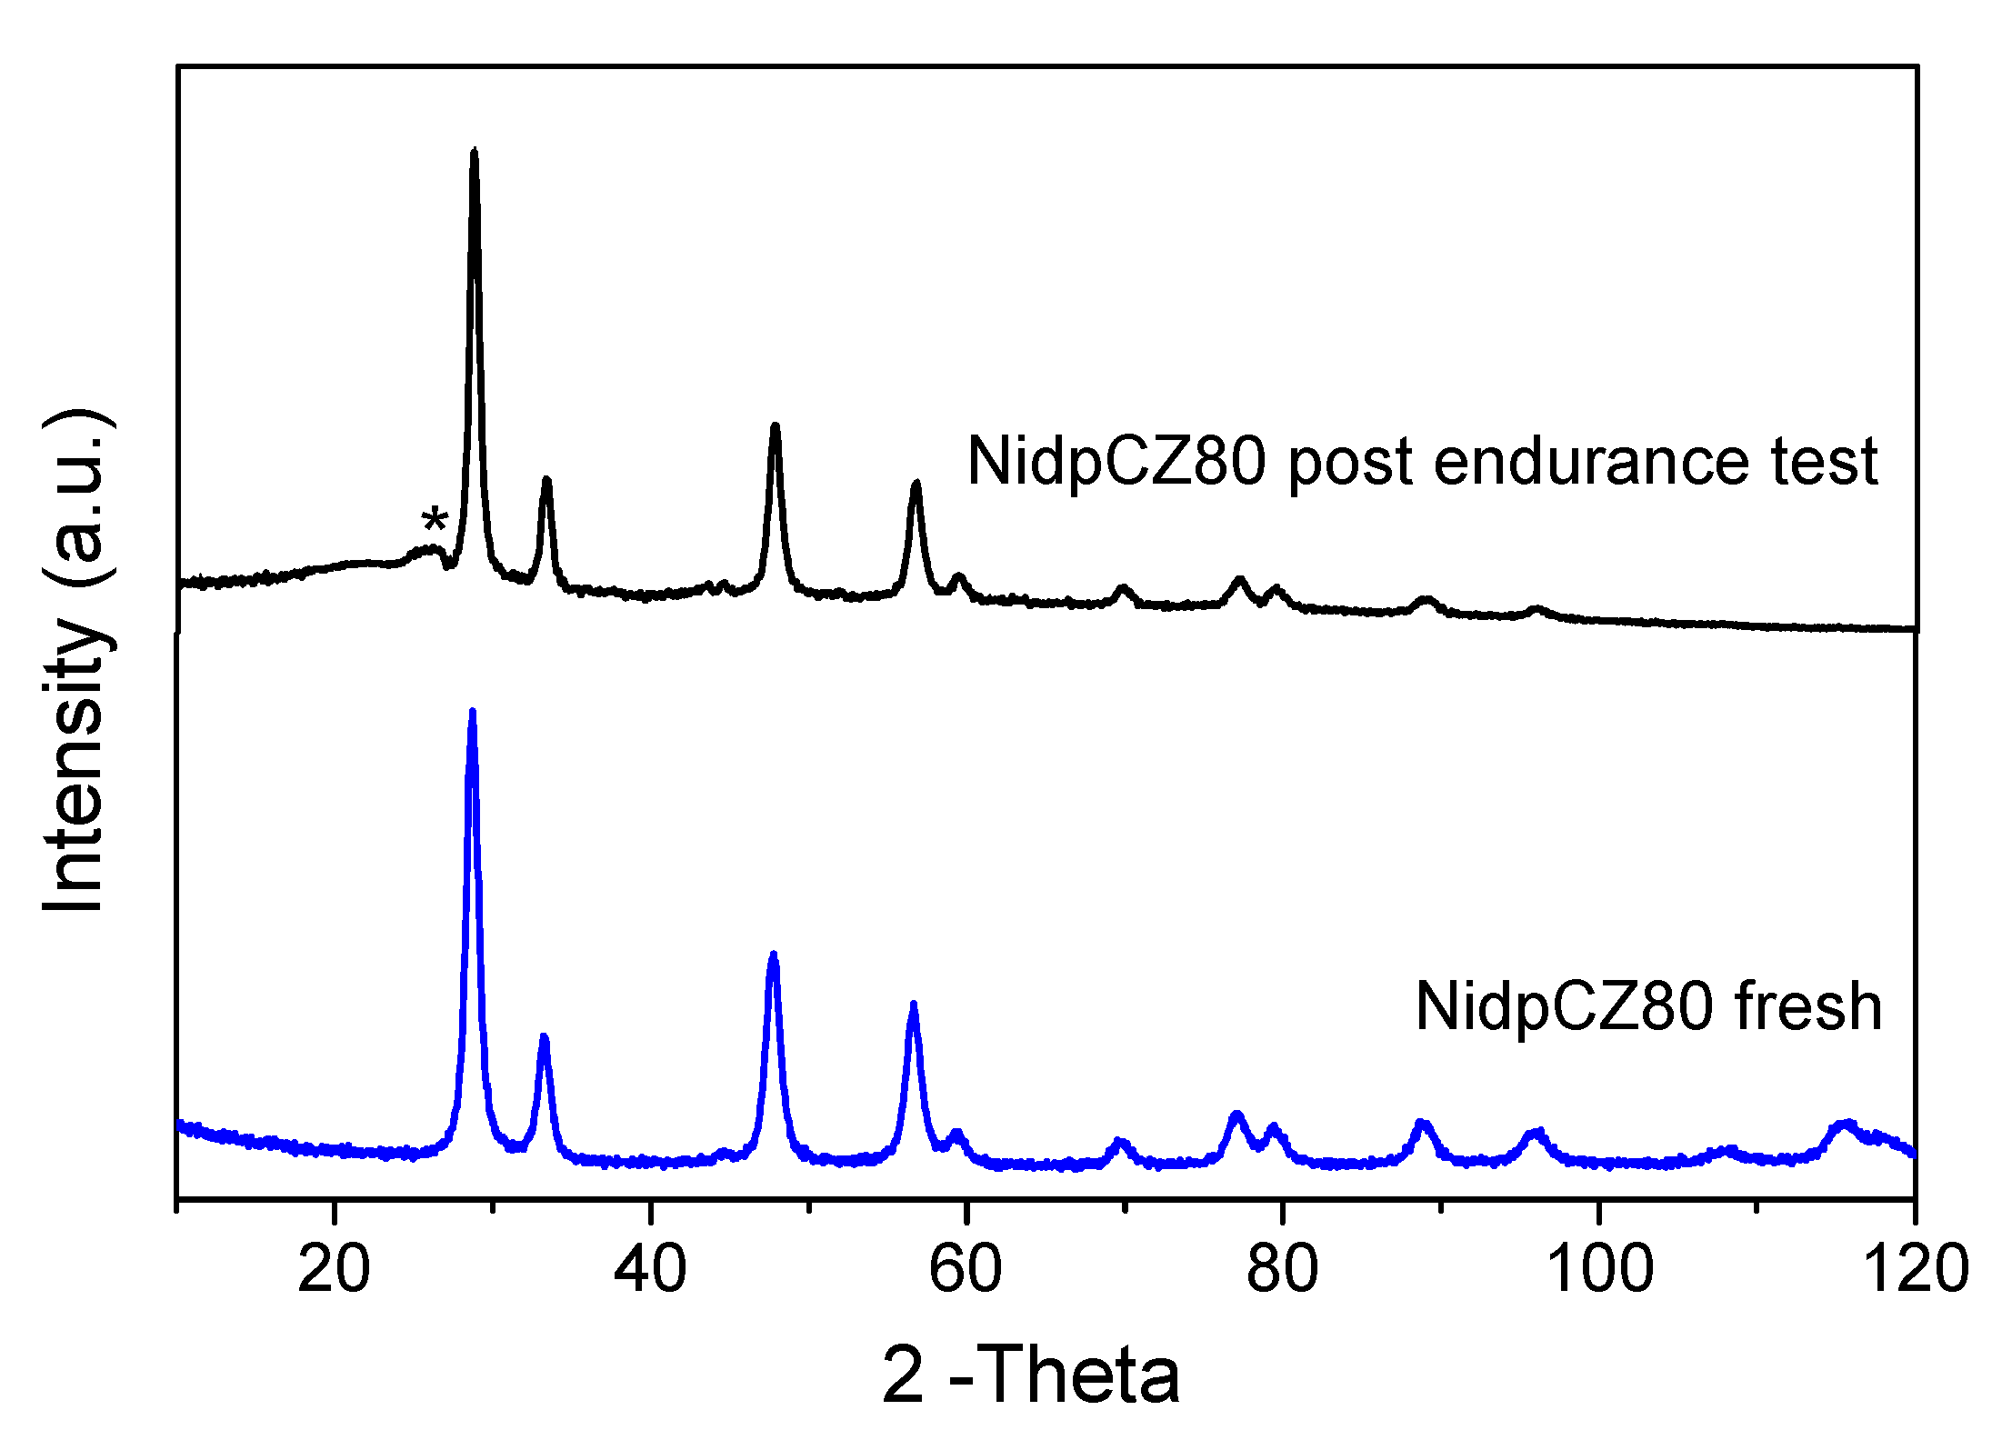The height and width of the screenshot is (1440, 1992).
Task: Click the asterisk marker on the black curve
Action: [x=435, y=521]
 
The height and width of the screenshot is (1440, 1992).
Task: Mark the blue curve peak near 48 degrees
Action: [x=774, y=956]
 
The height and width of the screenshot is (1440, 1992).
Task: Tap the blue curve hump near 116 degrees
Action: [x=1846, y=1125]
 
